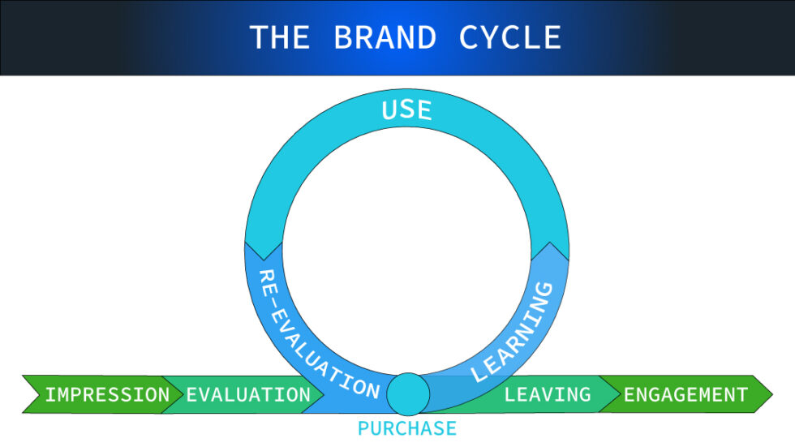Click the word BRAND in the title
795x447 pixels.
[385, 37]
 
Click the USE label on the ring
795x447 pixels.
[406, 110]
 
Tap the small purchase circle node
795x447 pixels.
[407, 394]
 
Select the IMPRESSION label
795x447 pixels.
[107, 395]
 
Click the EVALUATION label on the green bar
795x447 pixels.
[248, 395]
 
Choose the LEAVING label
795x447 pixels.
[548, 395]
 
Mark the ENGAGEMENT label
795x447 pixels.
[685, 395]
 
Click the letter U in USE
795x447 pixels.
[389, 109]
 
